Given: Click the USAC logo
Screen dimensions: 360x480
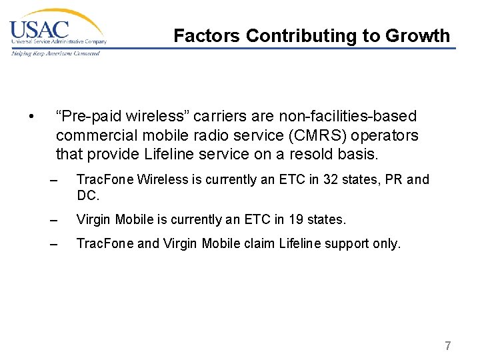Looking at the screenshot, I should click(57, 30).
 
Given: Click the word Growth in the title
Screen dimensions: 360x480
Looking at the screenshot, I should click(421, 35).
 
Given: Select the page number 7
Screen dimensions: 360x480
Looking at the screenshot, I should click(447, 346).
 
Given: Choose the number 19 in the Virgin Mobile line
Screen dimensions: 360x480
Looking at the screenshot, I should click(295, 219).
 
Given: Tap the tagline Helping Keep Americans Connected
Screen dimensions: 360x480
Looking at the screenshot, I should click(55, 53).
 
